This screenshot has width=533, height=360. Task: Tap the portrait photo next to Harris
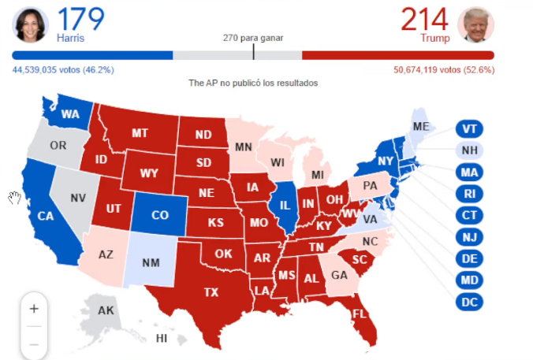pos(31,25)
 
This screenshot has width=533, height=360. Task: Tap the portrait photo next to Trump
pos(475,25)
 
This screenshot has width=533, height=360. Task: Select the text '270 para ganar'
pos(253,38)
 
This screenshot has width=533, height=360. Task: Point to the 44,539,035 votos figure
pos(63,70)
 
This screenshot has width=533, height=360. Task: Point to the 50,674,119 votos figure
pos(443,70)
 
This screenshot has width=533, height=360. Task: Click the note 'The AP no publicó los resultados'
pos(253,83)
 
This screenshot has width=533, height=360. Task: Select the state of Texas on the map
pos(211,292)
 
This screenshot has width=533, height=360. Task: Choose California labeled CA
pos(45,216)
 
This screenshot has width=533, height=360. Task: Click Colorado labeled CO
pos(159,214)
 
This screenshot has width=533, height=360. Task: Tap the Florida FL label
pos(360,314)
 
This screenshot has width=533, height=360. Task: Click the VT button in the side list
pos(469,129)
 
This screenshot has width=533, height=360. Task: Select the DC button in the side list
pos(469,301)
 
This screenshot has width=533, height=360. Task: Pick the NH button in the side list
pos(469,150)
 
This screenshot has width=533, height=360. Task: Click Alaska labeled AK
pos(106,310)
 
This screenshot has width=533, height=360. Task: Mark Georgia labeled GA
pos(339,276)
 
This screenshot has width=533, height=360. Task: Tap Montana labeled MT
pos(140,133)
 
